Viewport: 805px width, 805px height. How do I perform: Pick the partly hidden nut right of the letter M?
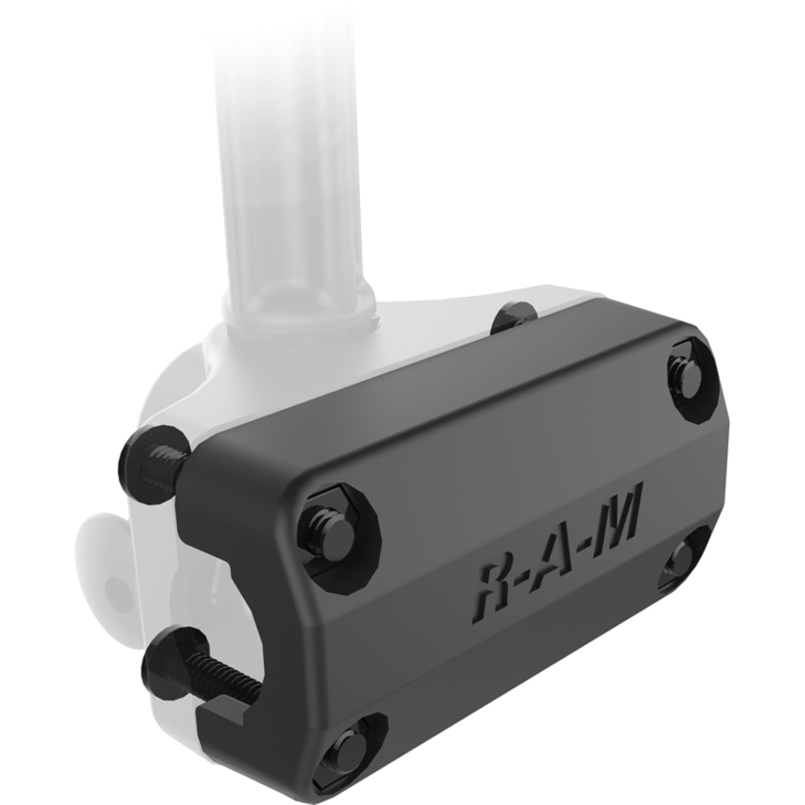tap(682, 563)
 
